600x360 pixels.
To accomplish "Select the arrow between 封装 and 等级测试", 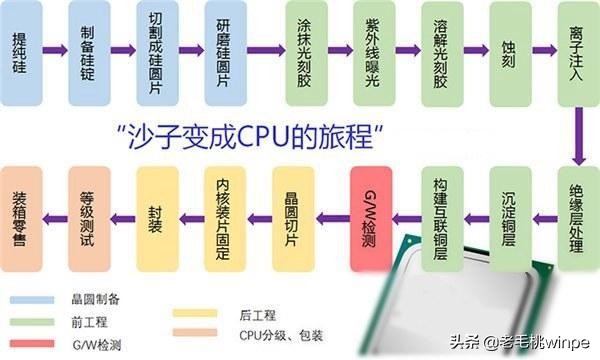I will click(x=122, y=215).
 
